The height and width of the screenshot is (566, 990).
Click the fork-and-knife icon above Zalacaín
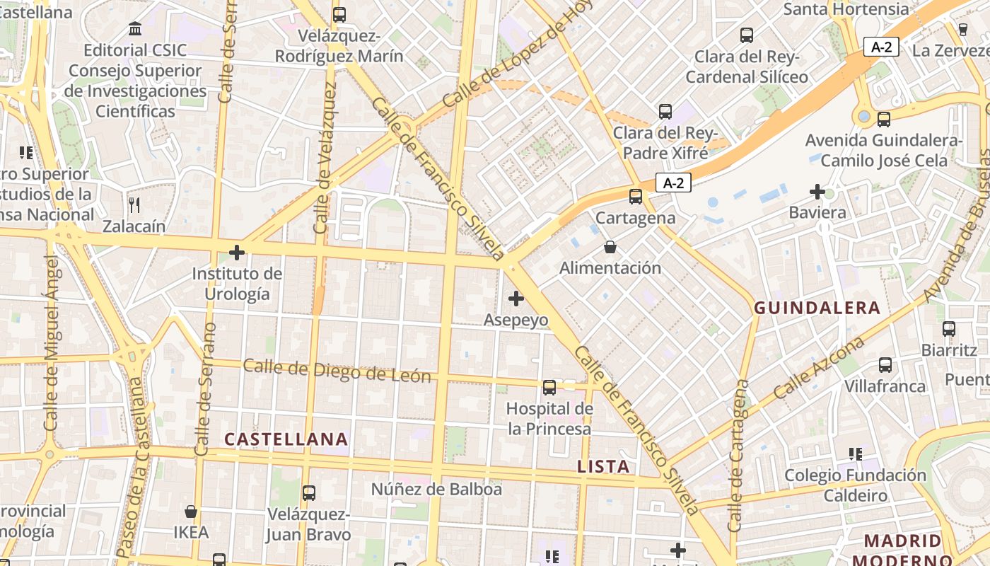coord(134,205)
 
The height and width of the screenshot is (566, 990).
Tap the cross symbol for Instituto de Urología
coord(237,252)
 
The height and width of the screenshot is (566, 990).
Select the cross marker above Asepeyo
coord(516,299)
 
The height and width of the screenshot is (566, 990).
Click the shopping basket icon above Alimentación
coord(610,247)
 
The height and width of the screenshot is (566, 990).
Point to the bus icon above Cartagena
coord(636,197)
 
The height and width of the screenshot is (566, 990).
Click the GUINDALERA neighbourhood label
coord(817,308)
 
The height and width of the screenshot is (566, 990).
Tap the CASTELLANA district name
coord(286,439)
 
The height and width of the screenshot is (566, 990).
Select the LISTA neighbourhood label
coord(603,466)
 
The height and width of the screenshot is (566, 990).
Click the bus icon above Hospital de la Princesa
coord(549,387)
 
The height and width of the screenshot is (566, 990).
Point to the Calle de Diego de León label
coord(337,371)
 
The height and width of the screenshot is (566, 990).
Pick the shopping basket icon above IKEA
coord(191,511)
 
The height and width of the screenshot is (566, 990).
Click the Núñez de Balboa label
coord(436,489)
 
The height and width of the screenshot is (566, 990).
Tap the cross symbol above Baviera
coord(817,191)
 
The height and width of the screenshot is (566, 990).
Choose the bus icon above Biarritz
coord(949,328)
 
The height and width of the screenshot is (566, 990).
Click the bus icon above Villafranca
coord(885,365)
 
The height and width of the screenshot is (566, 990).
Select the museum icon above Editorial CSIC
coord(135,29)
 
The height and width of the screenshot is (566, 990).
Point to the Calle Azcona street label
coord(819,368)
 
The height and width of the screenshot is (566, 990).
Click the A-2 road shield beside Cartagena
coord(673,183)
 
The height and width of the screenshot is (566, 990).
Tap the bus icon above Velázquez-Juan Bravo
coord(309,492)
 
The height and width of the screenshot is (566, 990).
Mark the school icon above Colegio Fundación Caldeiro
coord(856,454)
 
